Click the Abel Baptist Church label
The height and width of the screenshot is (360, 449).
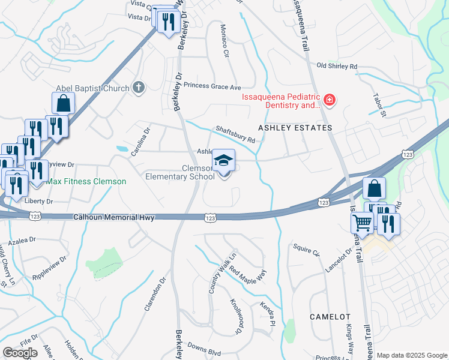click(92, 88)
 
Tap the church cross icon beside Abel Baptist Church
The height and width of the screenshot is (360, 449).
click(139, 88)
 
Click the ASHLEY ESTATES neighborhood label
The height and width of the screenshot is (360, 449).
click(295, 128)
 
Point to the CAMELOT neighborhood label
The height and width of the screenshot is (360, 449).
click(330, 316)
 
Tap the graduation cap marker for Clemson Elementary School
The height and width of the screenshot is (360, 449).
click(224, 160)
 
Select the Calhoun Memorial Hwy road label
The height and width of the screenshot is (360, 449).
click(114, 218)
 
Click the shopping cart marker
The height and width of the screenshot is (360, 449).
click(362, 223)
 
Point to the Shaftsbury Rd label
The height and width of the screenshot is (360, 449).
click(236, 134)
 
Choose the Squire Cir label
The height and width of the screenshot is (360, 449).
click(306, 249)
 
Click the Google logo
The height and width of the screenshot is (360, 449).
click(20, 353)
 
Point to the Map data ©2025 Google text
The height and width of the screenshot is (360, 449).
click(411, 355)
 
